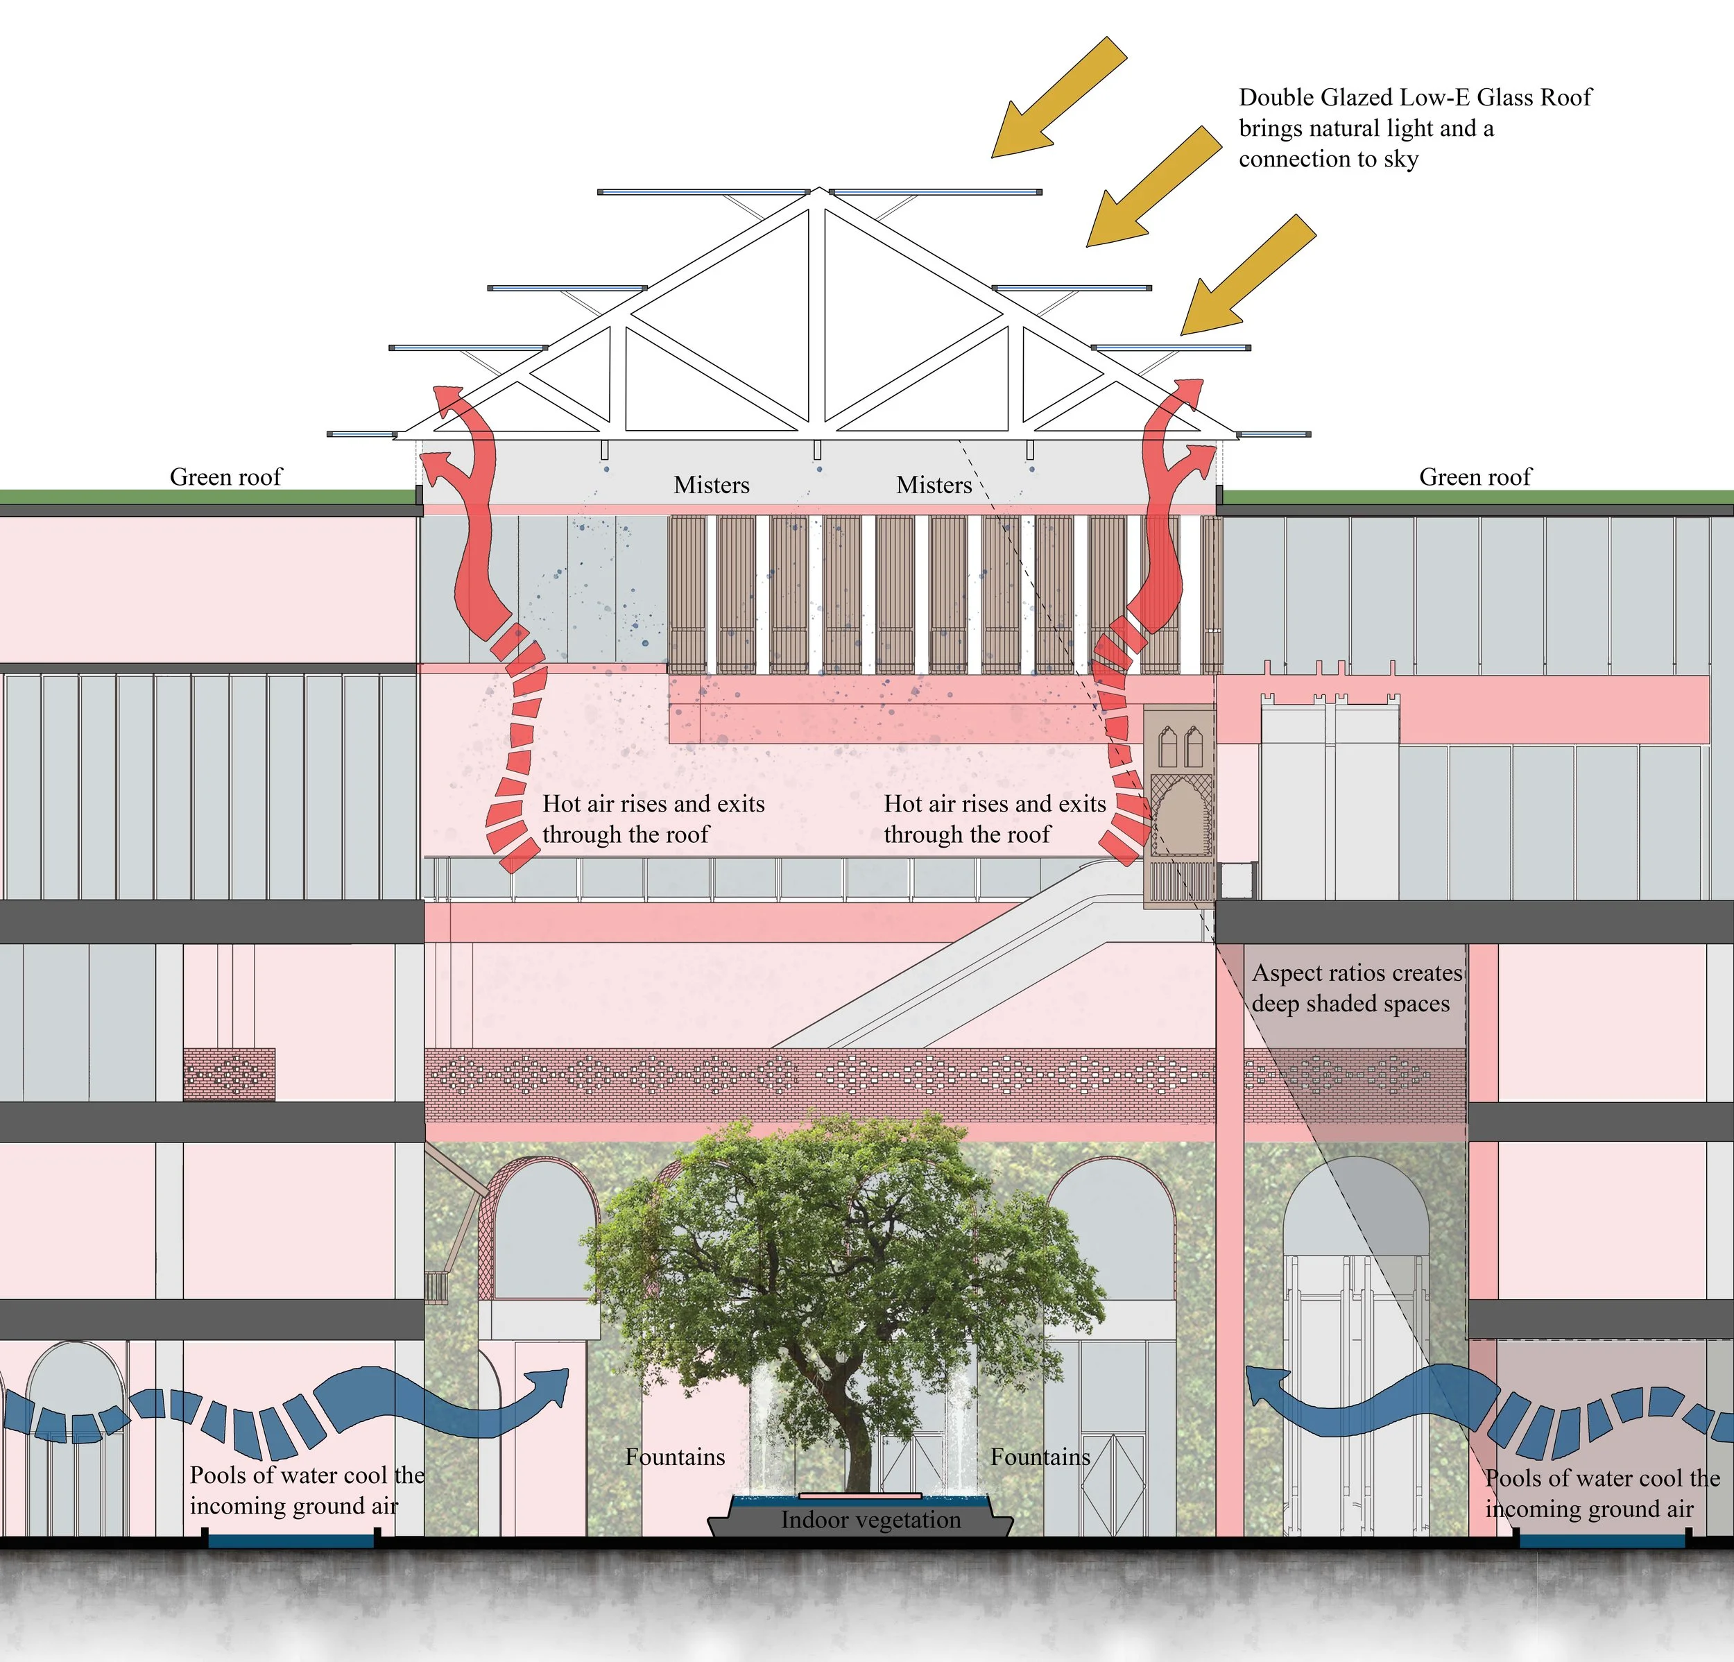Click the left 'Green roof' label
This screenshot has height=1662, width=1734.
pos(225,477)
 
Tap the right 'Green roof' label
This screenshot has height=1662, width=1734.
pos(1475,477)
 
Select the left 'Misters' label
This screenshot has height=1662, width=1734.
pos(712,485)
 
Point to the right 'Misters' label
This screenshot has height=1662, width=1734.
pos(934,485)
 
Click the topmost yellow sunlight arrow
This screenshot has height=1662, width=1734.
pos(1059,97)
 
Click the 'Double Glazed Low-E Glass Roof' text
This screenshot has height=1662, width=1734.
pos(1415,97)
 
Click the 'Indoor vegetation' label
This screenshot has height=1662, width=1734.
pos(870,1520)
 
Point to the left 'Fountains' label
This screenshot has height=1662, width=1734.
pos(675,1457)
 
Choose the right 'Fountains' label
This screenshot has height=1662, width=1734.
pos(1040,1457)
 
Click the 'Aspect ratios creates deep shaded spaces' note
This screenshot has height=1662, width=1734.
pos(1356,988)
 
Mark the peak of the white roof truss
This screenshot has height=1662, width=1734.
pos(820,189)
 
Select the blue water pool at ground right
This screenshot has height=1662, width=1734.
pos(1602,1541)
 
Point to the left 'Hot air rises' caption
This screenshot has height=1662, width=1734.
pos(653,819)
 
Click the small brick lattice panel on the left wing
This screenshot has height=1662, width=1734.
pos(229,1074)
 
